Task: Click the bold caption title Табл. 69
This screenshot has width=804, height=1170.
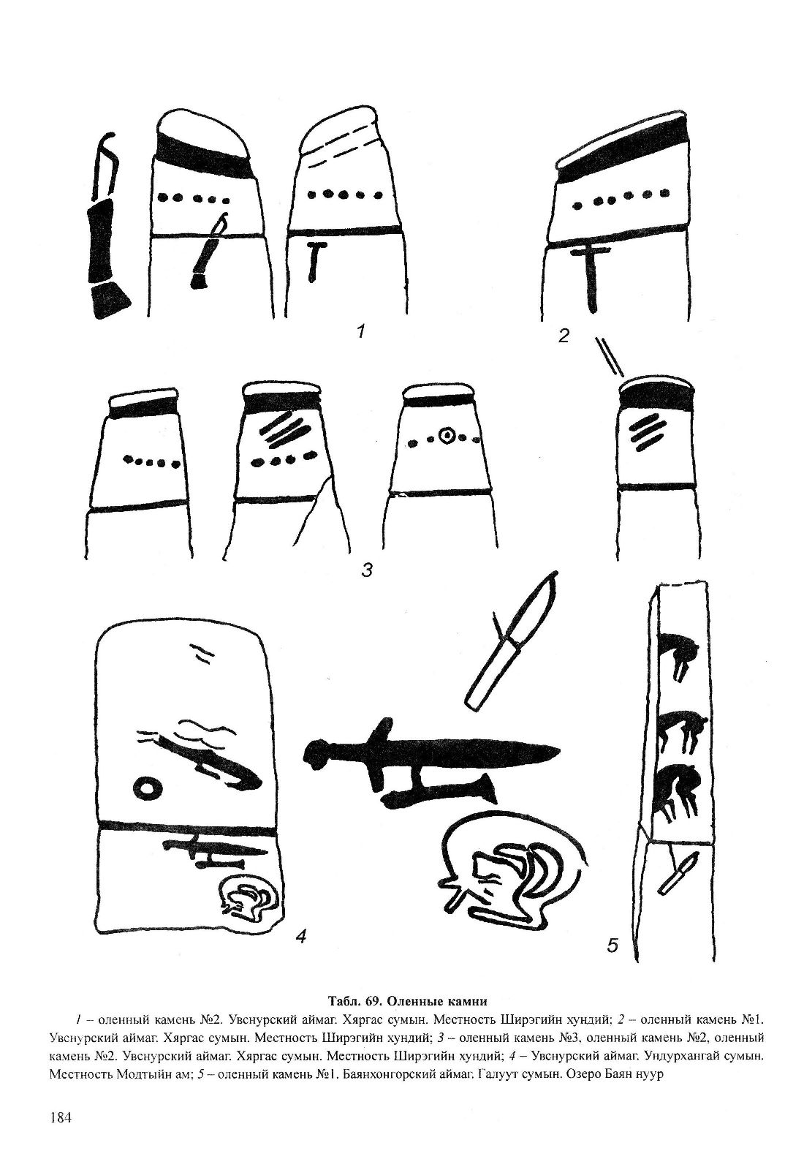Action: [355, 1001]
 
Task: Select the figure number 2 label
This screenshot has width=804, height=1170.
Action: [564, 336]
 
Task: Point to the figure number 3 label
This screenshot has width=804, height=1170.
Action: [366, 570]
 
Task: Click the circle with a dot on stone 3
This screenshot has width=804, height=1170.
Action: [447, 436]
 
